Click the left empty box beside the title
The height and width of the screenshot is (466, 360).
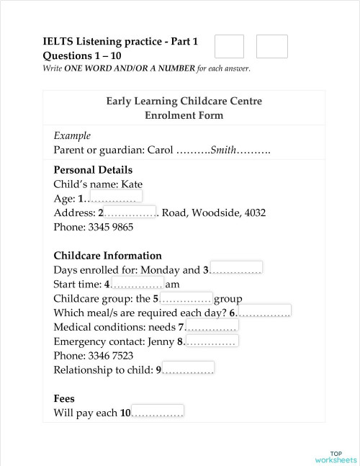229,46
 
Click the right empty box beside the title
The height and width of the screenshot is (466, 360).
271,46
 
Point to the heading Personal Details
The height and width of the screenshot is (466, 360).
93,170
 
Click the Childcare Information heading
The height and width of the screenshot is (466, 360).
107,255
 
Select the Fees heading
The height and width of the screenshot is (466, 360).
64,398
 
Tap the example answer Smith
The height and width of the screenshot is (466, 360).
222,151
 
